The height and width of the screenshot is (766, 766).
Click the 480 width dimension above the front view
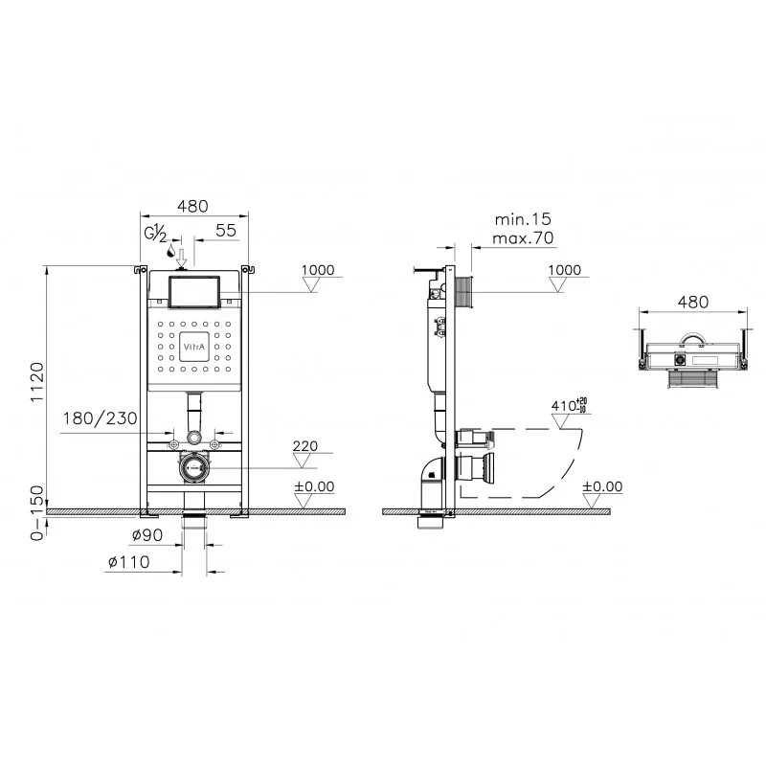pos(193,206)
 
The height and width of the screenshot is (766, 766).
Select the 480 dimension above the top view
pos(692,302)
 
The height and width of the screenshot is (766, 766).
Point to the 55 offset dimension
pos(227,231)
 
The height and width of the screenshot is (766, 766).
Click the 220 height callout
pos(305,446)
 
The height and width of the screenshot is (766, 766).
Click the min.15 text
pos(521,220)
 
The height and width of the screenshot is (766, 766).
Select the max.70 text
pos(521,238)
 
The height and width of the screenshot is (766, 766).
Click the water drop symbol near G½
pos(169,253)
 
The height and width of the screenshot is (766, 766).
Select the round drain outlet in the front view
pos(195,468)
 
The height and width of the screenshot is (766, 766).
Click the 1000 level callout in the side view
pos(564,270)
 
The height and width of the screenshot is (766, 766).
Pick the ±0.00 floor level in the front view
pos(314,486)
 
